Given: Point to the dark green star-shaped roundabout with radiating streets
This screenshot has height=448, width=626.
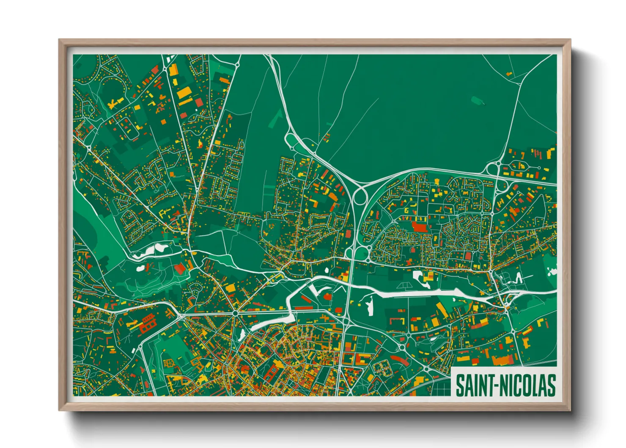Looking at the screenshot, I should (x=235, y=313).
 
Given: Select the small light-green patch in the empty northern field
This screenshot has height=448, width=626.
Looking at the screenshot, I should (x=477, y=100).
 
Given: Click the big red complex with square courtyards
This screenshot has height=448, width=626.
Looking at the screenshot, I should (x=147, y=324).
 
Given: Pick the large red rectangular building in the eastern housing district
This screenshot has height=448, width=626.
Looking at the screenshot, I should (x=420, y=227).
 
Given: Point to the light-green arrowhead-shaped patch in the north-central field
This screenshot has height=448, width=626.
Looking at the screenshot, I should (x=276, y=119).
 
